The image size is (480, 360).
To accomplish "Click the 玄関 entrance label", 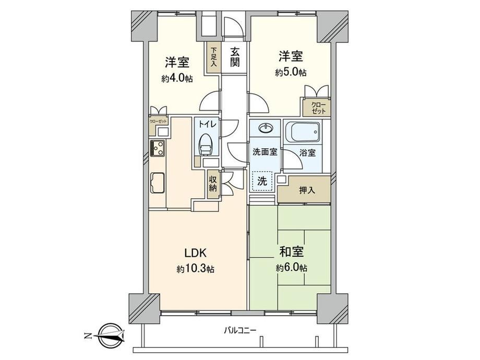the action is pyautogui.click(x=235, y=57).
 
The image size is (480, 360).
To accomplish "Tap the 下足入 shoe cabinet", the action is pyautogui.click(x=213, y=57).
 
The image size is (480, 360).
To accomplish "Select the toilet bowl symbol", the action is pyautogui.click(x=206, y=145).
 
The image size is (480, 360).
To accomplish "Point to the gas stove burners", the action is pyautogui.click(x=158, y=149).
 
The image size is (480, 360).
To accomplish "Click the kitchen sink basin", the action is pyautogui.click(x=158, y=183).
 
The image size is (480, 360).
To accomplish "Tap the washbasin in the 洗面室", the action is pyautogui.click(x=265, y=128).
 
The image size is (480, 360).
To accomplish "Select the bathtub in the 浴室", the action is pyautogui.click(x=303, y=131).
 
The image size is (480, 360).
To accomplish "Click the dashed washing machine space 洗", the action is pyautogui.click(x=262, y=181).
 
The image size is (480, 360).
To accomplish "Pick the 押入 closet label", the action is pyautogui.click(x=307, y=190).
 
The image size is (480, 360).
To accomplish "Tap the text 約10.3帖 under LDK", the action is pyautogui.click(x=195, y=269).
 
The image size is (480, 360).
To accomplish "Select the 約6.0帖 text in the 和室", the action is pyautogui.click(x=292, y=268).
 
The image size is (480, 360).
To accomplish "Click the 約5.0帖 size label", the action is pyautogui.click(x=291, y=73).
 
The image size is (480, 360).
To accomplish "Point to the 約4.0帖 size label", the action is pyautogui.click(x=177, y=78).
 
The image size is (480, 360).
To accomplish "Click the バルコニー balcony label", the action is pyautogui.click(x=240, y=330).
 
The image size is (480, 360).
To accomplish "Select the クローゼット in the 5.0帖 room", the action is pyautogui.click(x=317, y=107).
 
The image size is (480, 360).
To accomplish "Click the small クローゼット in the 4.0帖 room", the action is pyautogui.click(x=158, y=122).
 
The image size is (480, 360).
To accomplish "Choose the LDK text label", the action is pyautogui.click(x=196, y=253).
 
